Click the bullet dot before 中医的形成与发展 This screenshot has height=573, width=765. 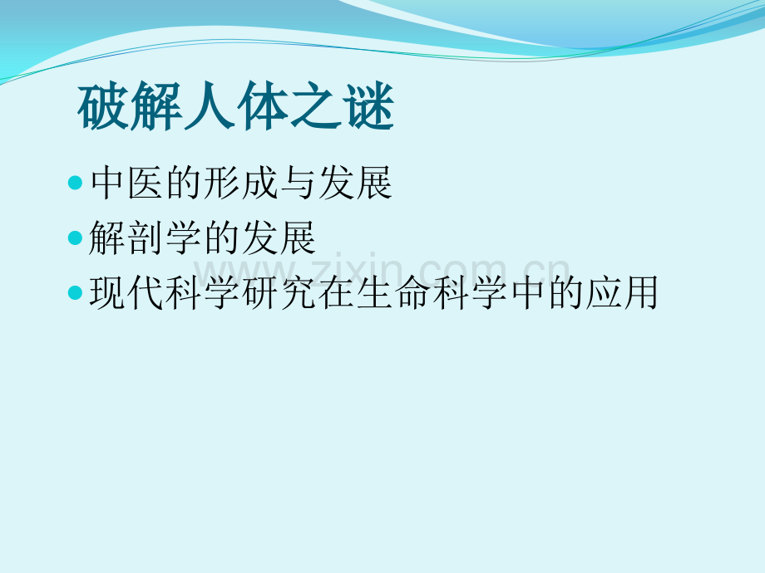(x=76, y=184)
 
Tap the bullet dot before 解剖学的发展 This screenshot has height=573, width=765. (x=76, y=239)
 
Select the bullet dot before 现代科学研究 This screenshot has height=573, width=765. (x=76, y=294)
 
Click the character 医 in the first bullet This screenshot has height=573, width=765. (x=145, y=184)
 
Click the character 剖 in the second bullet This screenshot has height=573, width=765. (x=145, y=239)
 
